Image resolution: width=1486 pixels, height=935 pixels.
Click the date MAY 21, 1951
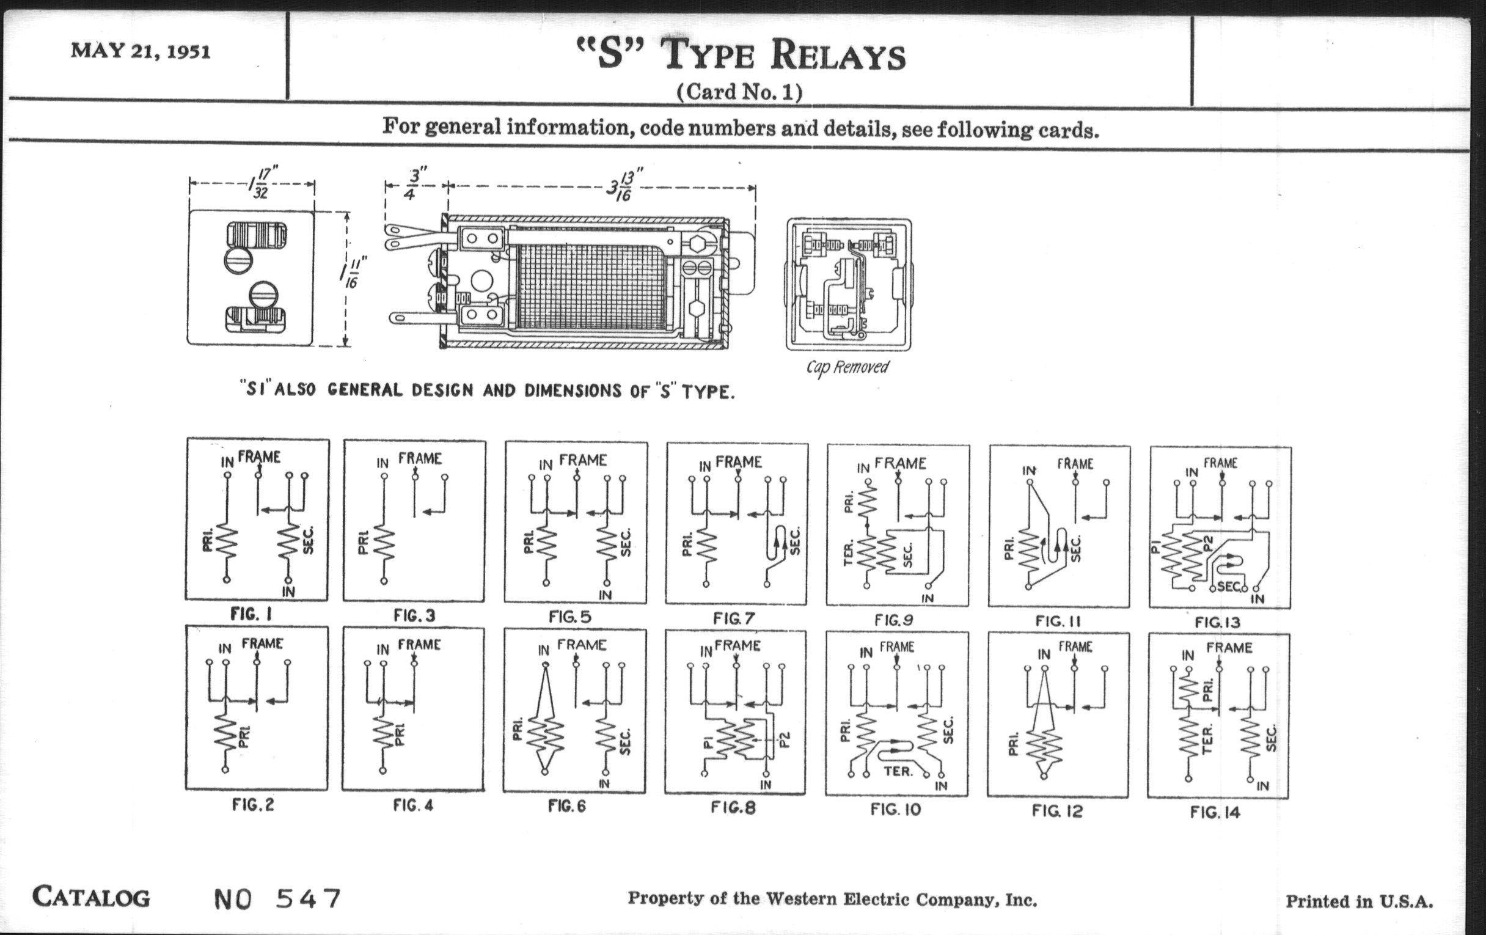[x=141, y=51]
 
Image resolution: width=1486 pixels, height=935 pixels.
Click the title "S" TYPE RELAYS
[x=741, y=55]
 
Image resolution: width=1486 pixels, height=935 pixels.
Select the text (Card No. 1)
[x=739, y=92]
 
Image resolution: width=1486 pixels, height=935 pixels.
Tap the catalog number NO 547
[x=277, y=898]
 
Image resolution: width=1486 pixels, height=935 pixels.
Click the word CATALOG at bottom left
[x=91, y=897]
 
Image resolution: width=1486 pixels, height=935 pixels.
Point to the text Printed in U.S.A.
[x=1360, y=901]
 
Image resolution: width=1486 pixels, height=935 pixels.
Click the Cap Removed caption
[x=847, y=367]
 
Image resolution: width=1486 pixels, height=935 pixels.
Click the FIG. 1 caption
[x=251, y=614]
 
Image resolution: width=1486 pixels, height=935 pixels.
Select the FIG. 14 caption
[x=1215, y=812]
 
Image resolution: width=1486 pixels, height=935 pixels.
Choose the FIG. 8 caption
[x=733, y=807]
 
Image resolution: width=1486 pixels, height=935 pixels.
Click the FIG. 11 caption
[x=1058, y=621]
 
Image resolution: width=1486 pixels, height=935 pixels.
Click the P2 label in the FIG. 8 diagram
[x=785, y=739]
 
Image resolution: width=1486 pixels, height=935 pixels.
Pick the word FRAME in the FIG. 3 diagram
[x=420, y=458]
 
